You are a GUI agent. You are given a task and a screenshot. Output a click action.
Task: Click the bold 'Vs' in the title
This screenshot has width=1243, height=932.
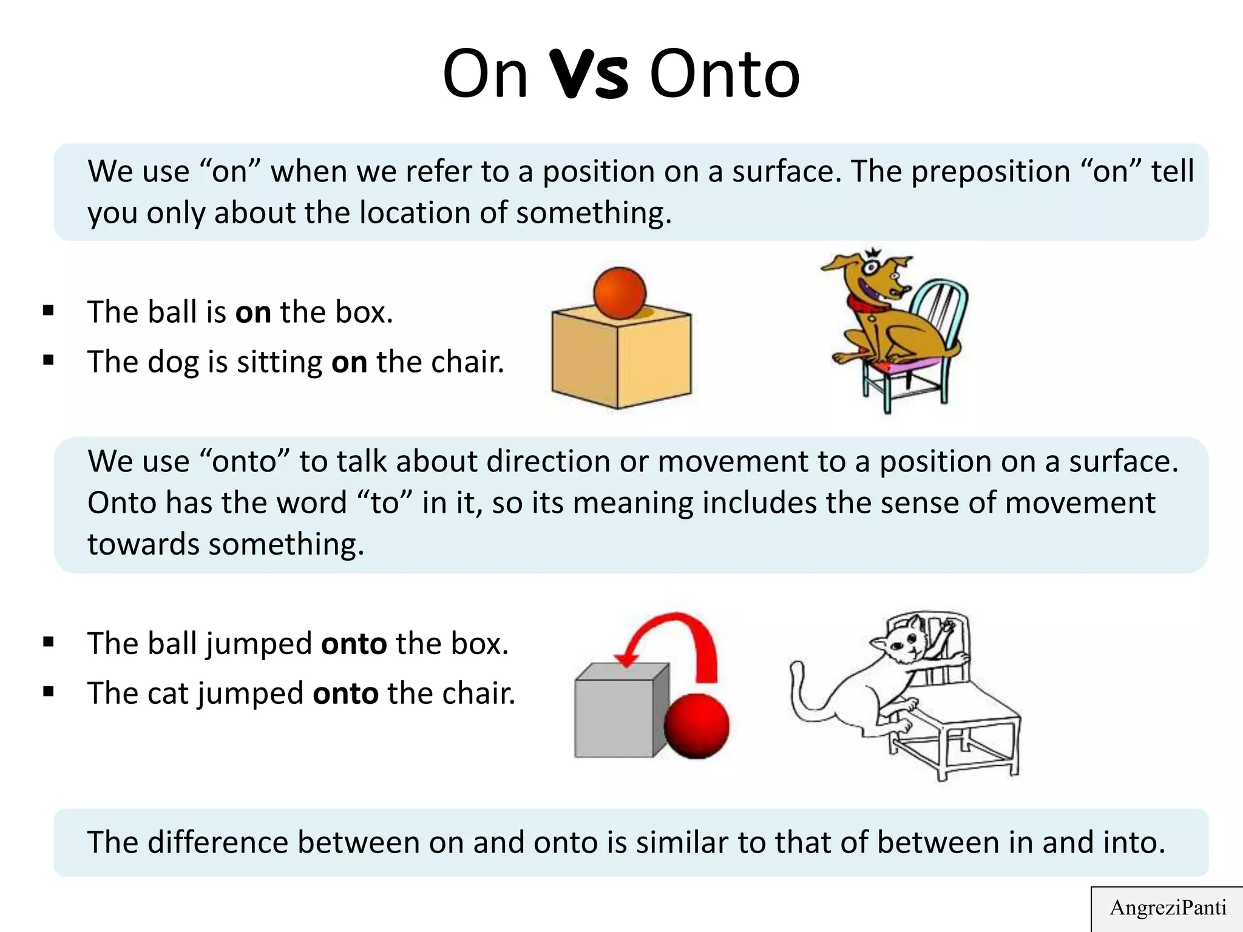tap(588, 75)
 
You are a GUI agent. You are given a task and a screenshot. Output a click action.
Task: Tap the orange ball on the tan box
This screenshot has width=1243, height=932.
tap(620, 293)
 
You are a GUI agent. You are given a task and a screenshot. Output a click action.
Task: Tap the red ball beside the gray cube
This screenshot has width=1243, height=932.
tap(696, 726)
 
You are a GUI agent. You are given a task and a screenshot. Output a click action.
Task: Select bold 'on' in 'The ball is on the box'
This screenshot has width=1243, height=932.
tap(253, 312)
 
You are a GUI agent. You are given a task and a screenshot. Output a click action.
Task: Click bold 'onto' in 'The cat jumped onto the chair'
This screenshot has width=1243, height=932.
tap(345, 693)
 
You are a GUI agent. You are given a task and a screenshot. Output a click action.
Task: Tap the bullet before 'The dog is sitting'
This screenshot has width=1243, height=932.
tap(49, 361)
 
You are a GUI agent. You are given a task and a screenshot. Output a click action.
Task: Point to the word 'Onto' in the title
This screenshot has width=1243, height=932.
tap(725, 75)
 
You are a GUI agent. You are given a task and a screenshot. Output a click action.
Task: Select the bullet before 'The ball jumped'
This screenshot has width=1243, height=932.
tap(49, 643)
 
